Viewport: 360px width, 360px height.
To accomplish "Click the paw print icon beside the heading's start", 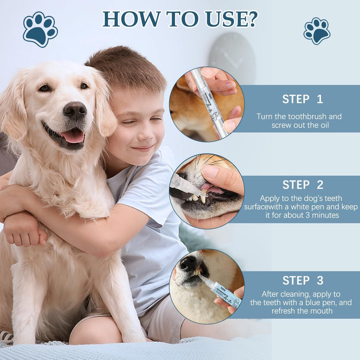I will pos(40,29).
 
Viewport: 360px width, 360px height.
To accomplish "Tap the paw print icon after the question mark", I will pos(317,31).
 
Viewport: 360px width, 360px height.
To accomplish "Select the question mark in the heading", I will pos(252,18).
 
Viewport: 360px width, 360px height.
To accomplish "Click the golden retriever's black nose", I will pos(75,110).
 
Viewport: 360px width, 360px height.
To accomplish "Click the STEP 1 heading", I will pos(302,99).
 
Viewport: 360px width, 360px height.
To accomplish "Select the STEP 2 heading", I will pos(302,184).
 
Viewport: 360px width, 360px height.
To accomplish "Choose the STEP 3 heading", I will pos(302,280).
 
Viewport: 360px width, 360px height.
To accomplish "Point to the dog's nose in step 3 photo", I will pos(188,263).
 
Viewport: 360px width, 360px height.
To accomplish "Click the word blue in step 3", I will pos(311,303).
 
